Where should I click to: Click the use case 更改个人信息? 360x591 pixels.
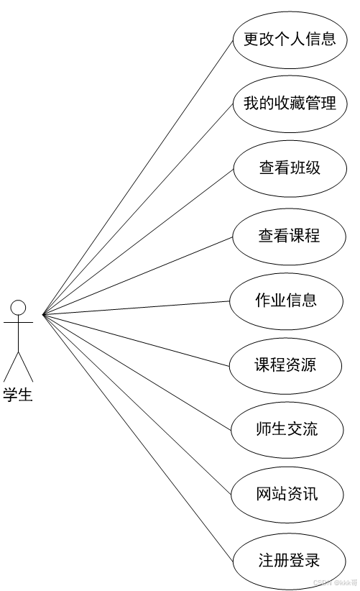point(290,40)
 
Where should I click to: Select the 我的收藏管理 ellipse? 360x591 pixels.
point(290,104)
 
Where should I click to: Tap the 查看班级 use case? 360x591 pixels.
point(290,168)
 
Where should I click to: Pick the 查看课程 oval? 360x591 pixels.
point(289,237)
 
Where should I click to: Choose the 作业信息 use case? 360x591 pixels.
point(286,301)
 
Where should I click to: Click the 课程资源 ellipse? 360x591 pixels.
point(285,366)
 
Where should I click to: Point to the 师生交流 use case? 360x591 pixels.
point(287,430)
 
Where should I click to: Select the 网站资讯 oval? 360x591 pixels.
point(287,494)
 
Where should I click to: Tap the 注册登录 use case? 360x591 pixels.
point(289,562)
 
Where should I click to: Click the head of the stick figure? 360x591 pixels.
point(18,308)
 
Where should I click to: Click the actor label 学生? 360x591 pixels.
point(18,394)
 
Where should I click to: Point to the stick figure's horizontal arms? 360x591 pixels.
point(18,323)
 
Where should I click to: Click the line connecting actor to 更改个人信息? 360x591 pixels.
point(137,177)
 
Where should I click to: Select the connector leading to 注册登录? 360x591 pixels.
point(137,438)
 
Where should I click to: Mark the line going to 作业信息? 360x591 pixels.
point(136,308)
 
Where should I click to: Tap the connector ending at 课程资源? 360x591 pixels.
point(136,340)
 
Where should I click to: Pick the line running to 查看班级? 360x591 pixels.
point(138,242)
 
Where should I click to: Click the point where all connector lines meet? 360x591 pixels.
point(43,314)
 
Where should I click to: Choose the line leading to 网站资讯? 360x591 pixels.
point(137,405)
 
